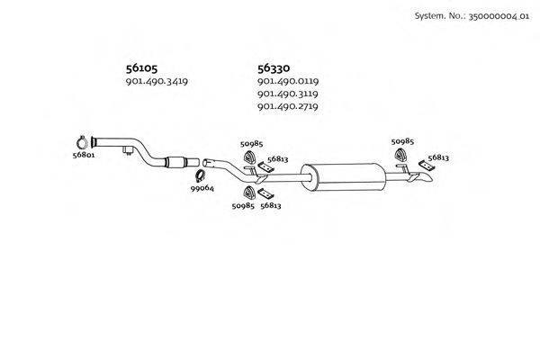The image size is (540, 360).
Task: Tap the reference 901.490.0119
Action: [288, 82]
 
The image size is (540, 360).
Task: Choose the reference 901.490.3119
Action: [288, 94]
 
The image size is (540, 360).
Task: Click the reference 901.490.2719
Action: [288, 107]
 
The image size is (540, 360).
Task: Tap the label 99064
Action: [202, 188]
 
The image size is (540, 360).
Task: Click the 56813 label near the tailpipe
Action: [438, 157]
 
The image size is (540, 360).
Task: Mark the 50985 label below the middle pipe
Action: [243, 206]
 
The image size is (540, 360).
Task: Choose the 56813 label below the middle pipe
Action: [271, 206]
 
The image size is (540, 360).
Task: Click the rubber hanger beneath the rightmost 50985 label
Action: [401, 160]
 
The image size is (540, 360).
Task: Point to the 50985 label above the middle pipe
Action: [251, 143]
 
